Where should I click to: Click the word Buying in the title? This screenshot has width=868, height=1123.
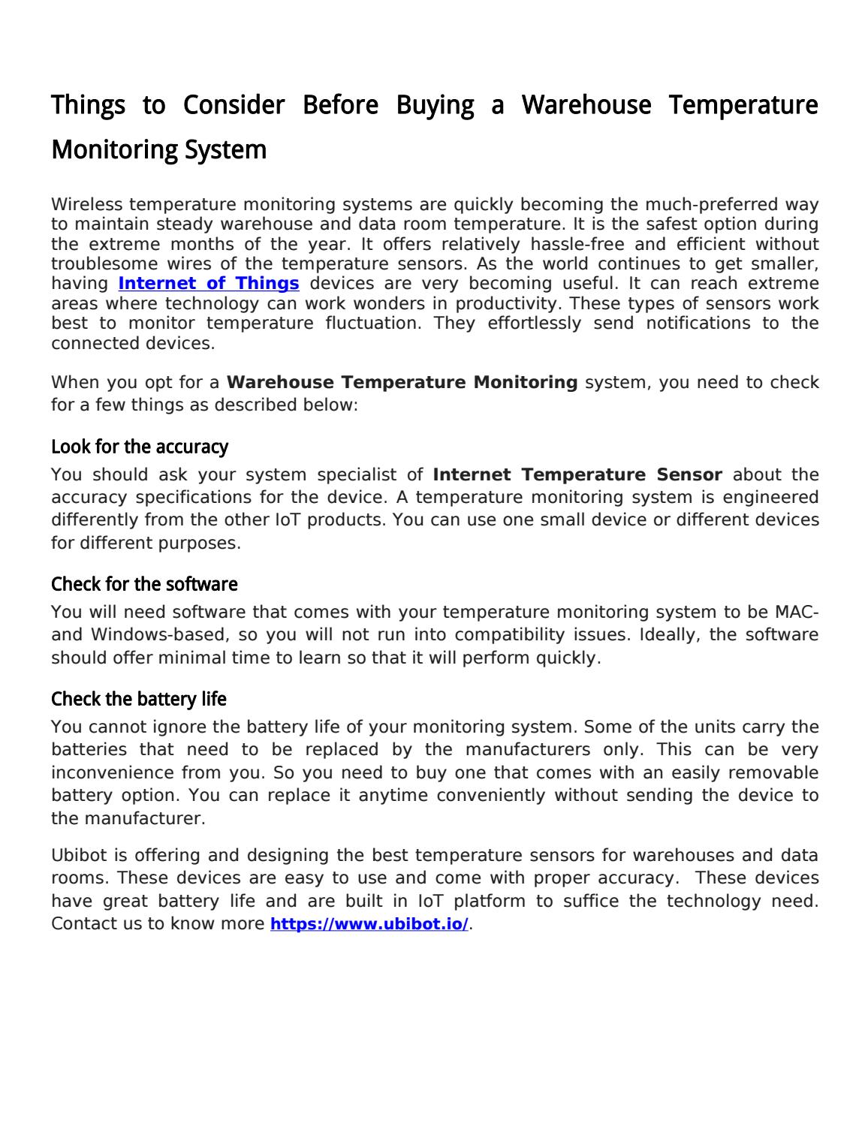pyautogui.click(x=435, y=105)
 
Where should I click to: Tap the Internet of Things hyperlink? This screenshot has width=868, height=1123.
pyautogui.click(x=209, y=284)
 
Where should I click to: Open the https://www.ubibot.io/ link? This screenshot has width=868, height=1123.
pyautogui.click(x=369, y=924)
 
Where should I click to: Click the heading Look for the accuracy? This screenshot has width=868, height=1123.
pyautogui.click(x=140, y=447)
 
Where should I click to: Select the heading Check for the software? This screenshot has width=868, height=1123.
pyautogui.click(x=144, y=584)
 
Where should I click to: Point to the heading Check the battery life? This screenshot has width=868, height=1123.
pyautogui.click(x=139, y=700)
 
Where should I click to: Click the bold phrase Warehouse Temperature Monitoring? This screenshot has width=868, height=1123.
pyautogui.click(x=402, y=383)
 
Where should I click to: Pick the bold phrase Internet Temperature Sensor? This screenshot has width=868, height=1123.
pyautogui.click(x=577, y=475)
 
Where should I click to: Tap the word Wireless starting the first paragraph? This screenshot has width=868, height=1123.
pyautogui.click(x=87, y=205)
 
